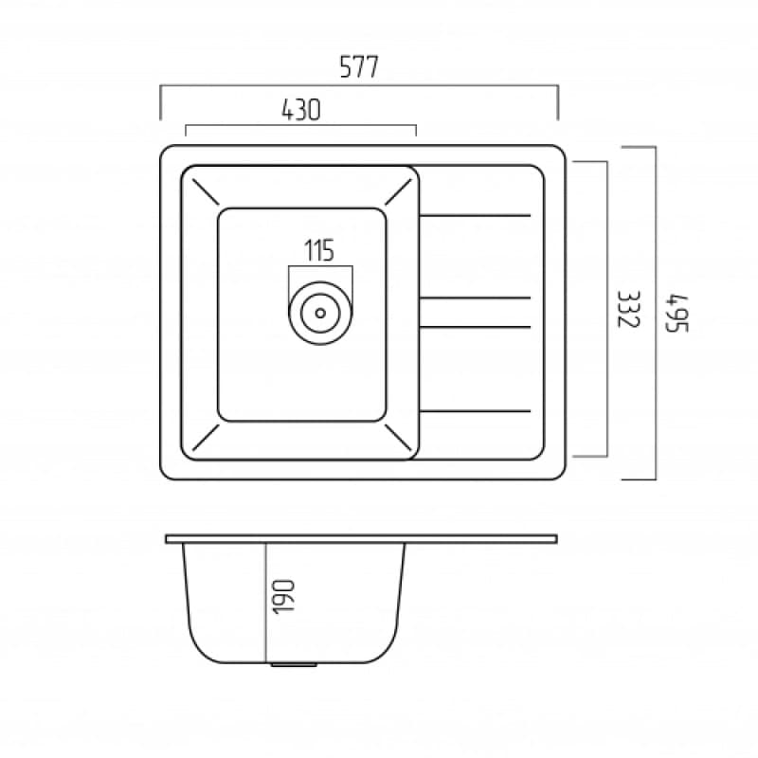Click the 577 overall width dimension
coord(359,67)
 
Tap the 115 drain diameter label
coord(319,251)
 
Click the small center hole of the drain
coord(320,310)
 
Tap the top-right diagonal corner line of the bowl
coord(400,193)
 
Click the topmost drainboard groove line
coord(474,216)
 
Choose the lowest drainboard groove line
coord(474,411)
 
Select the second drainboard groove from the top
coord(474,298)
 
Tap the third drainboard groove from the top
coord(474,328)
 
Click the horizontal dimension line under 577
coord(359,86)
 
